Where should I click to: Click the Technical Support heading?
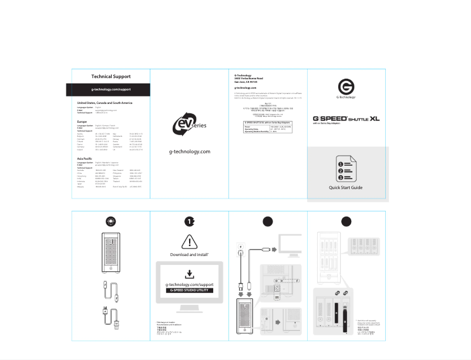[x=111, y=76]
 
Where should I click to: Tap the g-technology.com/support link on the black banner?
[x=111, y=89]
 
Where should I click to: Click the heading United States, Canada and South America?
[x=109, y=103]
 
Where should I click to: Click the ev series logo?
[x=189, y=125]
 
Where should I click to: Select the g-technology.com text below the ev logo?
[x=189, y=152]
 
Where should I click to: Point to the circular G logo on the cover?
[x=346, y=86]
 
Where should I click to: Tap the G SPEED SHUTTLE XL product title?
[x=346, y=118]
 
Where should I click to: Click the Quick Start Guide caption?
[x=346, y=188]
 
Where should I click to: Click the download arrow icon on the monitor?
[x=189, y=274]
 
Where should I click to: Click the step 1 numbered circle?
[x=189, y=221]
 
